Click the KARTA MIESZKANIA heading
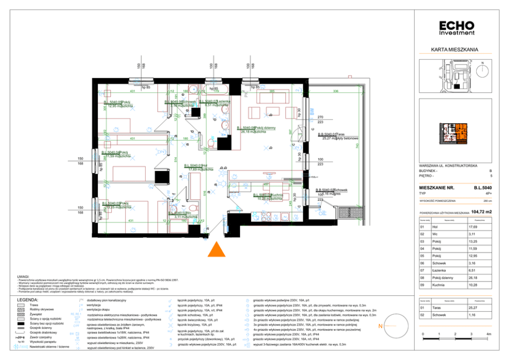point(455,50)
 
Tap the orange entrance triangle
point(217,249)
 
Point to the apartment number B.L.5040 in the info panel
point(483,188)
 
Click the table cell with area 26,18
point(476,277)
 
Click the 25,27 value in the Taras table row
point(476,308)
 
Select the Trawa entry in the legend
point(34,305)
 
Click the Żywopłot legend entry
point(37,314)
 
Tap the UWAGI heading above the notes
point(23,276)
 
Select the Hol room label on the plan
point(204,165)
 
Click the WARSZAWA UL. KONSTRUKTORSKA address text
point(448,166)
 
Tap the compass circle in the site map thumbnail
point(482,69)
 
